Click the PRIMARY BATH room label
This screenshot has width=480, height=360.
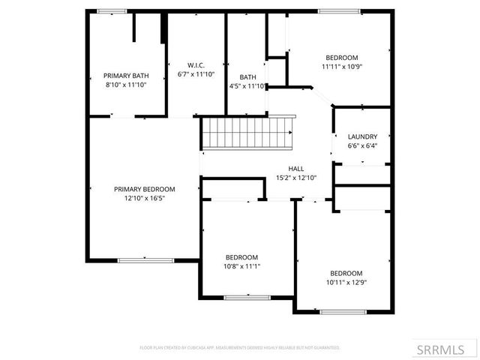pos(125,75)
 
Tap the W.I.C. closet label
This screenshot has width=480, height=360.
pos(191,65)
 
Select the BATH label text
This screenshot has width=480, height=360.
pos(247,77)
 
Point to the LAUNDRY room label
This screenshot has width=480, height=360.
pos(362,136)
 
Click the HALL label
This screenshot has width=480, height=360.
pos(296,169)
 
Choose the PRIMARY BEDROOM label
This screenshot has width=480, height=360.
pos(144,189)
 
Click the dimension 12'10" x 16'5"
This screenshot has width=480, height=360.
pos(144,199)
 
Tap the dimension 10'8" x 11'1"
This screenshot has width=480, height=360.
pos(242,266)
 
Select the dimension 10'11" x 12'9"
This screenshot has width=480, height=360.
pos(346,282)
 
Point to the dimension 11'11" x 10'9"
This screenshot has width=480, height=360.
pos(341,67)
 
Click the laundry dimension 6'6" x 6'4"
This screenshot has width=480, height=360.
pos(362,145)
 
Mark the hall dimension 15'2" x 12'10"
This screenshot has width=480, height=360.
pos(296,178)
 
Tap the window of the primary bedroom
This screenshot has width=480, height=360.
pos(140,260)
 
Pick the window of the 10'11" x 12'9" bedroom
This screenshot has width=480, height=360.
pos(344,311)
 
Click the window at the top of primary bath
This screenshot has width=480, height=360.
pos(111,10)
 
